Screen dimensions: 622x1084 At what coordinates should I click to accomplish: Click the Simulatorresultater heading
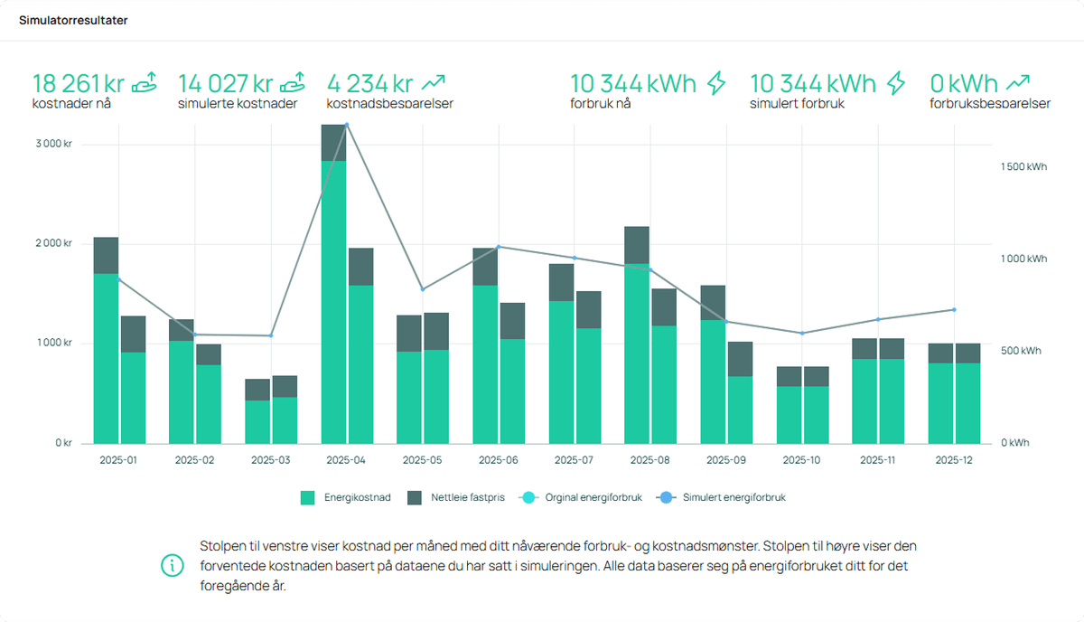pos(73,20)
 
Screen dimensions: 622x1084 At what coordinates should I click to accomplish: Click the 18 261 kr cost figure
pos(78,84)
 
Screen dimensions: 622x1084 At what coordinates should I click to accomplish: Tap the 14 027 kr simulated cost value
pos(225,84)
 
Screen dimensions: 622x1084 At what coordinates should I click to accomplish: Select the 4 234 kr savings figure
pos(369,84)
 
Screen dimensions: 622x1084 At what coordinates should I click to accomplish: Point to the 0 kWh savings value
pos(964,84)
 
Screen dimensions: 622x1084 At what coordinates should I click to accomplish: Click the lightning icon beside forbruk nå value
pos(716,83)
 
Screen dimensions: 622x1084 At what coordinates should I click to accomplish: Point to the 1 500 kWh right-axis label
pos(1023,167)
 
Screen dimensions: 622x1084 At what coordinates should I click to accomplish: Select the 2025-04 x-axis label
pos(347,460)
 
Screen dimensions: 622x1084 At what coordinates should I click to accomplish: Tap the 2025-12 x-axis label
pos(953,460)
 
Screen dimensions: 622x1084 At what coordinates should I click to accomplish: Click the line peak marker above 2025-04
pos(347,125)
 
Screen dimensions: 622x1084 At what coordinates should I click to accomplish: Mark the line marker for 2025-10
pos(802,333)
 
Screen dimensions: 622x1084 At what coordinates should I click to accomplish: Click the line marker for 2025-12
pos(954,310)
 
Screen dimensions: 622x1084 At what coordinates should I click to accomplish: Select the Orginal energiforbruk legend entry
pos(581,497)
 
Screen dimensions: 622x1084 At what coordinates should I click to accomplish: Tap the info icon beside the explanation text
pos(171,566)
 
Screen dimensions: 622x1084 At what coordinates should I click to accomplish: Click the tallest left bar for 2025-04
pos(334,289)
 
